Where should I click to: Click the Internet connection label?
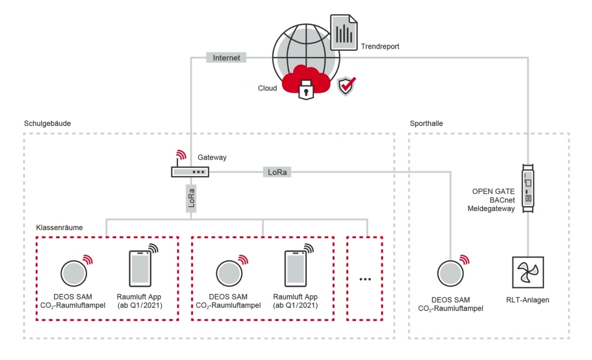click(226, 58)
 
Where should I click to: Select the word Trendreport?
click(380, 46)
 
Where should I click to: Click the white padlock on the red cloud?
click(305, 90)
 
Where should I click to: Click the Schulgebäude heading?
click(48, 123)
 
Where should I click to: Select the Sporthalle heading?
click(427, 123)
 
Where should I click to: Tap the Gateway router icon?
click(190, 171)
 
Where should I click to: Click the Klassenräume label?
click(59, 227)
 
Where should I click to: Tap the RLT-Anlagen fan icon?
click(528, 271)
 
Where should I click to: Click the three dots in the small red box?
click(365, 279)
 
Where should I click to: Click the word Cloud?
click(267, 88)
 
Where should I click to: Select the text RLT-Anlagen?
click(528, 300)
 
